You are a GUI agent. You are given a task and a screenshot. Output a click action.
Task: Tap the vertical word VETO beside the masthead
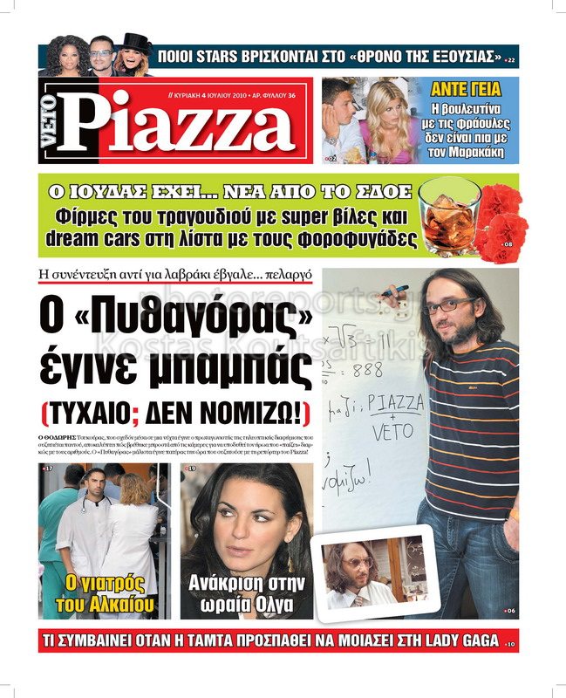tap(50, 121)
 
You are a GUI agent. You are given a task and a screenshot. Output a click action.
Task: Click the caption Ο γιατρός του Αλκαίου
tap(105, 593)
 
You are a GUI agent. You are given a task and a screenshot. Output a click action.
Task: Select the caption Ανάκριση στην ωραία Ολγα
tap(247, 593)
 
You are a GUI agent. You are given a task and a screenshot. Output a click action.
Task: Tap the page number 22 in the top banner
tap(511, 60)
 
